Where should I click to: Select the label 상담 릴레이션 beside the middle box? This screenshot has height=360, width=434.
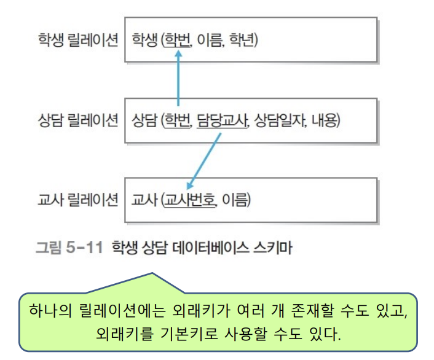pos(77,120)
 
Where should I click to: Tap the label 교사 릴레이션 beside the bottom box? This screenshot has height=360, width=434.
pos(77,200)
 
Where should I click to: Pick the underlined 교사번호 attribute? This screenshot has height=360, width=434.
pos(191,201)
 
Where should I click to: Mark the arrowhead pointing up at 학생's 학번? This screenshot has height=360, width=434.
pos(178,55)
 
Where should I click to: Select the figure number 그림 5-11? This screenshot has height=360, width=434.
pos(68,248)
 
